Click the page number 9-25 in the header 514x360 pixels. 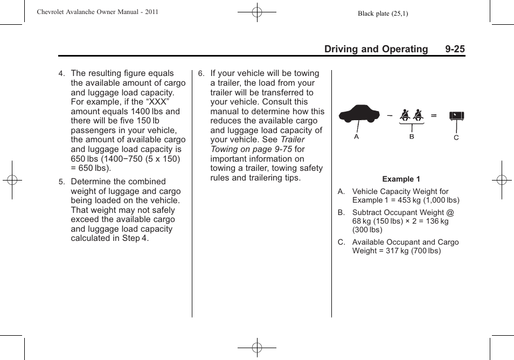click(455, 49)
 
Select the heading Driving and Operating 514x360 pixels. click(376, 49)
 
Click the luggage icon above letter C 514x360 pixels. click(456, 116)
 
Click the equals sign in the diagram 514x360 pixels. click(434, 115)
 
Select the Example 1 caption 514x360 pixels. click(401, 179)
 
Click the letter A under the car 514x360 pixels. click(356, 137)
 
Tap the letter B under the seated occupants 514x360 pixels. click(412, 137)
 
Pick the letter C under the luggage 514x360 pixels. click(456, 138)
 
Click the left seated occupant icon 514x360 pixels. click(405, 115)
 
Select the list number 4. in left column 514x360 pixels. click(61, 74)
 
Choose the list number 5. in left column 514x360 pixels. click(61, 182)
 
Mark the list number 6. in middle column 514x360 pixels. click(201, 74)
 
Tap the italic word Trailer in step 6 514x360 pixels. click(293, 140)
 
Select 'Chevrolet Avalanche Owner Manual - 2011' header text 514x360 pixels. click(98, 12)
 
